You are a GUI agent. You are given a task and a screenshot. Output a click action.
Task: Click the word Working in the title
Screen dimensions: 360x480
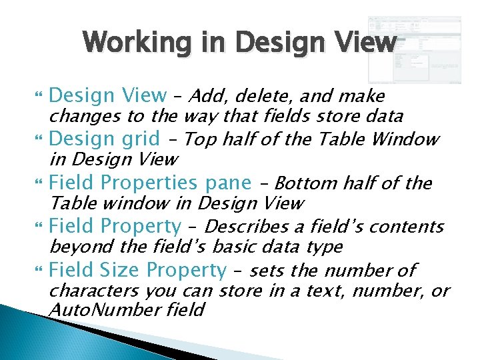(x=126, y=43)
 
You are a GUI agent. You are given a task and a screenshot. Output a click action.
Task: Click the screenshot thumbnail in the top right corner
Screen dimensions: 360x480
(x=414, y=50)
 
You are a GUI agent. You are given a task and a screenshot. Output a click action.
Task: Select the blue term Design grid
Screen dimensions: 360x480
(x=105, y=139)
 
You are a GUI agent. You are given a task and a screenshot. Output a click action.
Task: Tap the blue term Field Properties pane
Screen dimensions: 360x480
(x=151, y=183)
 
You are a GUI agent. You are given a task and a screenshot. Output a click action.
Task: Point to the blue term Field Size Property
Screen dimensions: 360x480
(x=138, y=270)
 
